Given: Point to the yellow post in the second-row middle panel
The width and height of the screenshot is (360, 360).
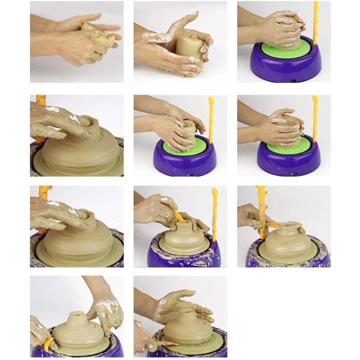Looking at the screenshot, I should coord(211,120).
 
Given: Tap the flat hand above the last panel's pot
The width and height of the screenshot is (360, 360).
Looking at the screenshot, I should coord(180,303).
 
